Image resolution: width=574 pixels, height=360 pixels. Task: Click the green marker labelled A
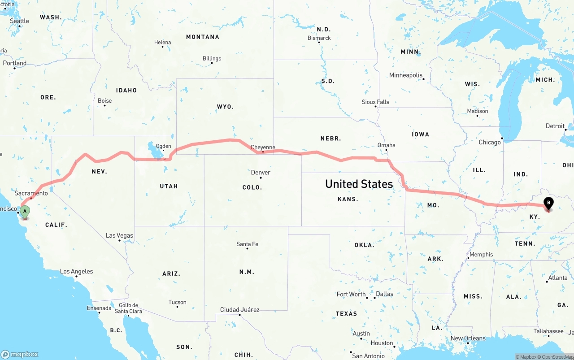[x=25, y=211]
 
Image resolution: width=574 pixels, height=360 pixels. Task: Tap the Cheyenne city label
[x=263, y=147]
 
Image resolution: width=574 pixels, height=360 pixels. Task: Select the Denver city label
[x=261, y=173]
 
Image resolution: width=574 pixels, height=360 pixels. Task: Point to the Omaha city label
[x=386, y=145]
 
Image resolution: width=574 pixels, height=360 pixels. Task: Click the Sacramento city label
[x=31, y=193]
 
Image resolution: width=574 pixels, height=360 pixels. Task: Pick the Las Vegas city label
[x=119, y=235]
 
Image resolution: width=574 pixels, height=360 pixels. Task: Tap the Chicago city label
[x=490, y=142]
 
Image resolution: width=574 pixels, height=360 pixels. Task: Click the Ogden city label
[x=163, y=146]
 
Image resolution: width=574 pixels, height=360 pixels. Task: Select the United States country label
[x=359, y=184]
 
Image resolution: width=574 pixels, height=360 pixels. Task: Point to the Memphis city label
[x=481, y=255]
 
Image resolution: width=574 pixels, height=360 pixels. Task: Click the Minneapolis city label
[x=406, y=75]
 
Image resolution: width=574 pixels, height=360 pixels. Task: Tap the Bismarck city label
[x=319, y=38]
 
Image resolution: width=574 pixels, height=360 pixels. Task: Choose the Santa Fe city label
[x=247, y=244]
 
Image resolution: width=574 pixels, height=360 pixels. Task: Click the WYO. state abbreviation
[x=225, y=107]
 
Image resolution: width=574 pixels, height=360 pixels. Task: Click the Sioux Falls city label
[x=375, y=102]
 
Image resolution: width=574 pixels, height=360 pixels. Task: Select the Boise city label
[x=104, y=101]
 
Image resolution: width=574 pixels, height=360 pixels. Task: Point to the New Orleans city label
[x=468, y=338]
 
